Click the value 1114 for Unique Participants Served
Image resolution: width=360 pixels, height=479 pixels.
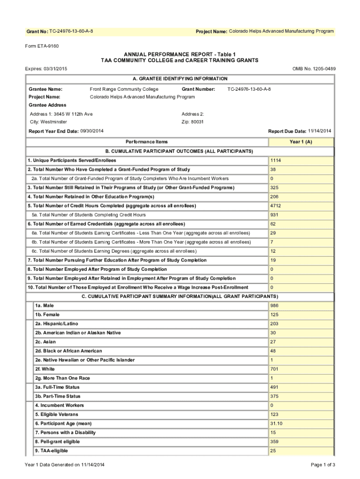click(x=275, y=160)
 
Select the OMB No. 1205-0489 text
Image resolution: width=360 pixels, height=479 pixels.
click(x=314, y=69)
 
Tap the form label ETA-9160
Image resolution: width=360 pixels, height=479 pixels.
click(x=42, y=46)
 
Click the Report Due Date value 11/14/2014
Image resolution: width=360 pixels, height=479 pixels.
click(x=320, y=131)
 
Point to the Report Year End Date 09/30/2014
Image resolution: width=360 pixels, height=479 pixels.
click(x=92, y=131)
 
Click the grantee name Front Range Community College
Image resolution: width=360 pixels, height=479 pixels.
click(x=124, y=89)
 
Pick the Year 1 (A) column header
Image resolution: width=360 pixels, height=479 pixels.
click(x=301, y=142)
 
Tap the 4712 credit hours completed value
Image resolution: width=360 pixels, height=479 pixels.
click(x=275, y=206)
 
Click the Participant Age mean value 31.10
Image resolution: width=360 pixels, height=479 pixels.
click(x=276, y=423)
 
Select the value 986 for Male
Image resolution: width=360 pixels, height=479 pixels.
click(x=274, y=305)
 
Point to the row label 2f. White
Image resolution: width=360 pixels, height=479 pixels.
click(x=45, y=369)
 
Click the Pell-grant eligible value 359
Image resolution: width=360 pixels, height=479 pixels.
click(x=274, y=442)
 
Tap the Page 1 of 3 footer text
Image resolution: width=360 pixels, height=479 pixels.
click(x=323, y=464)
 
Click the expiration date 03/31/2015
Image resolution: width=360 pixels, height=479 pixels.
click(x=55, y=69)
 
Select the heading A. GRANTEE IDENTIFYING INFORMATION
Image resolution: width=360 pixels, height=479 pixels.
click(x=180, y=79)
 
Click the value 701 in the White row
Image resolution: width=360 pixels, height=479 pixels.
click(x=274, y=369)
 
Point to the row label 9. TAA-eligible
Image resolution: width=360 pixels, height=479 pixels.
click(x=51, y=450)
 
